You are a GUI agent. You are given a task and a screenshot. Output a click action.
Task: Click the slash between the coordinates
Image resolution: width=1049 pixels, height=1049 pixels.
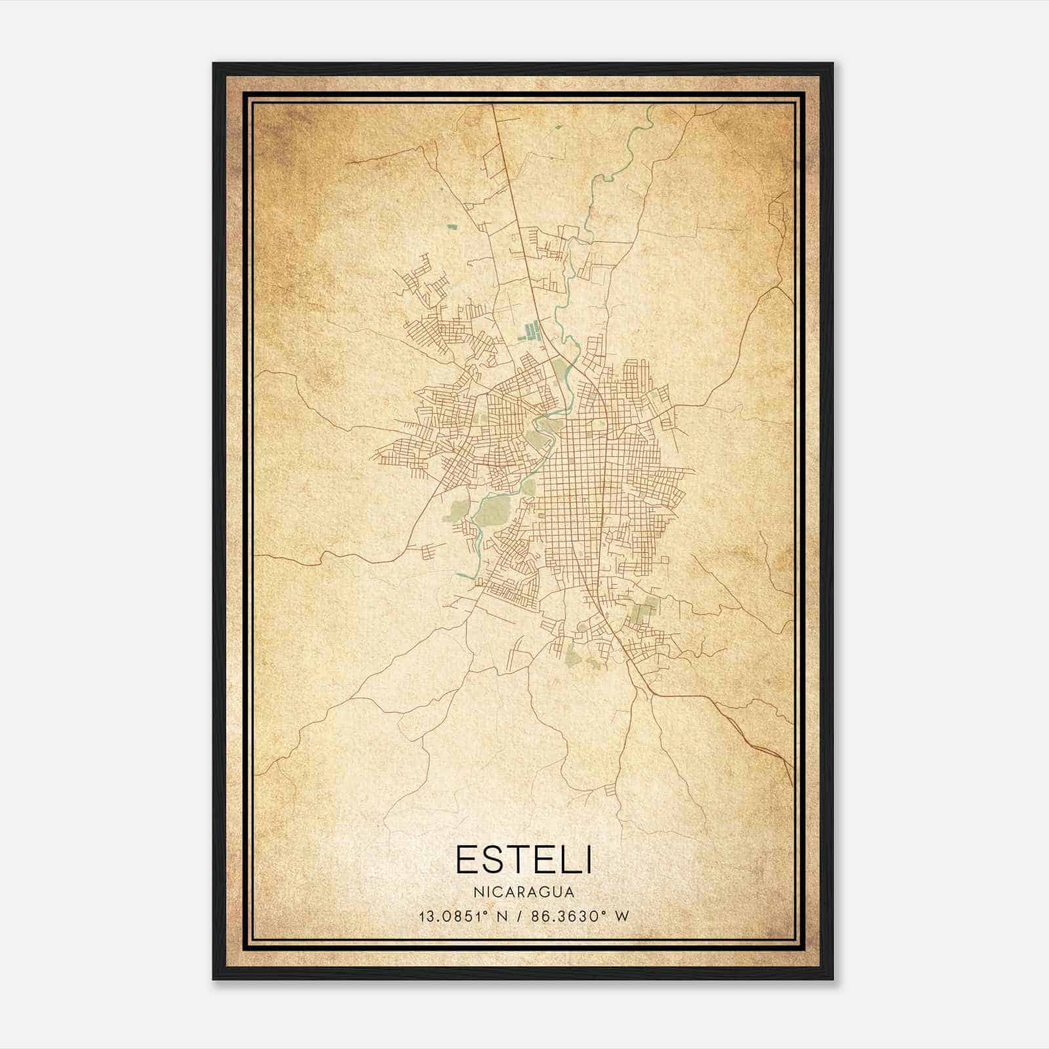tap(519, 916)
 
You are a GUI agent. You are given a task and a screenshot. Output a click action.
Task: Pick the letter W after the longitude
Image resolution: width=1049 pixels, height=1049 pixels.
tap(622, 916)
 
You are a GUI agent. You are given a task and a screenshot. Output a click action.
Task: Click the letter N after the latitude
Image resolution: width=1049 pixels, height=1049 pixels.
tap(502, 916)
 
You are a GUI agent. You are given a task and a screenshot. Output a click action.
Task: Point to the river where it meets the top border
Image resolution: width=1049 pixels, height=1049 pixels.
tap(650, 107)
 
